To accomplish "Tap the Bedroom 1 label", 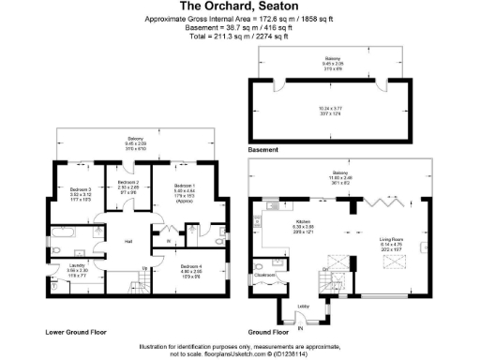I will coord(184,187).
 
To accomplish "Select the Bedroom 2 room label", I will coord(128,182).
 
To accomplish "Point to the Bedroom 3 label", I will coord(80,189).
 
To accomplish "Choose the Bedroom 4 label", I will coord(190,267).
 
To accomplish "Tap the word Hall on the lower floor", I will coord(127,242).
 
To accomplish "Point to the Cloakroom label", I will coord(263,275).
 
